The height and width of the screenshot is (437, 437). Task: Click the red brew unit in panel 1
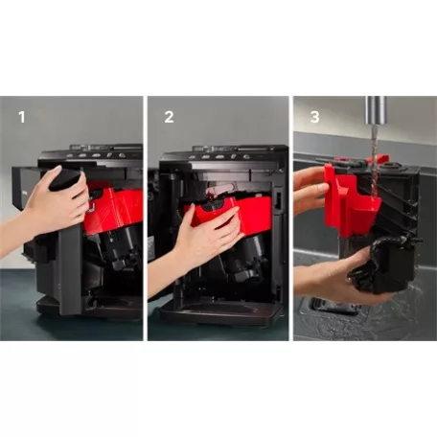click(x=113, y=211)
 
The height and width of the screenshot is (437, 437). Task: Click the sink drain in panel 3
click(x=331, y=305)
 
